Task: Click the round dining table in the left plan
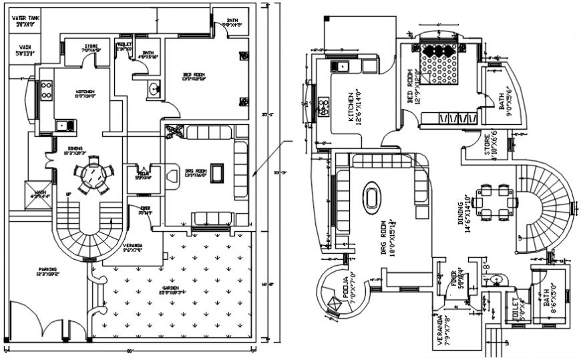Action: [x=90, y=178]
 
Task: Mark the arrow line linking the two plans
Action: [x=270, y=158]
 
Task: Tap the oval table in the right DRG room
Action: [x=372, y=199]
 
